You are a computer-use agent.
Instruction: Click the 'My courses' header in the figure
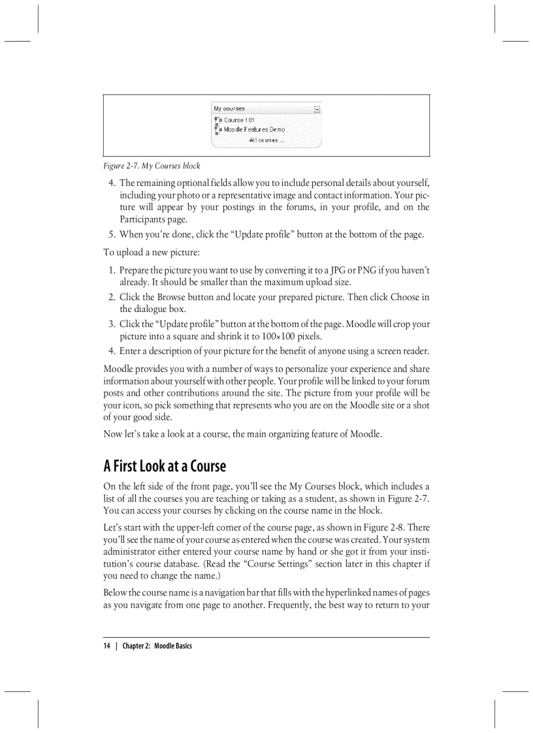click(229, 108)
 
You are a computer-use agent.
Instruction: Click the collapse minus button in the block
click(317, 109)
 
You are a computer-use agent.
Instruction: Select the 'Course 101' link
click(239, 120)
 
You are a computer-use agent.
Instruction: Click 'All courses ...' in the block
click(266, 140)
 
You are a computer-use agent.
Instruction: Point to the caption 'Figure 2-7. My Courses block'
click(152, 166)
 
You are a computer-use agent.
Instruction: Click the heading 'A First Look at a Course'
click(165, 466)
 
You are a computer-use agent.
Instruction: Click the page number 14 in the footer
click(106, 646)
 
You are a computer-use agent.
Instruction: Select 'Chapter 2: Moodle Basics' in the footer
click(157, 646)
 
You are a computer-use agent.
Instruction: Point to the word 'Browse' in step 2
click(172, 297)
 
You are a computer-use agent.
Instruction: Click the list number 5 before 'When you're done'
click(112, 234)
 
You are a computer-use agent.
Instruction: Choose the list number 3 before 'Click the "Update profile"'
click(112, 324)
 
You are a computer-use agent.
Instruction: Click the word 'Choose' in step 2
click(405, 297)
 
